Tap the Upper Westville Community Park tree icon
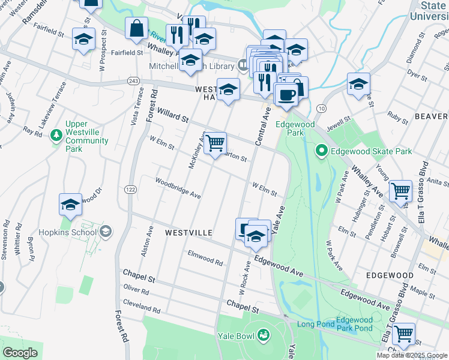56,134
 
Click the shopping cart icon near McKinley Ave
215,143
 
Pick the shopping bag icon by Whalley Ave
136,28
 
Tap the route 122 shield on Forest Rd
130,190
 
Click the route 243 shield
133,81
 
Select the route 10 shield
322,108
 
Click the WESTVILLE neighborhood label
188,232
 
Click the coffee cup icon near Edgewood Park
286,94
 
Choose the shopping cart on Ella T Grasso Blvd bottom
403,333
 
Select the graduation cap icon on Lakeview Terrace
84,40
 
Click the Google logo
20,352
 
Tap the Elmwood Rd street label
205,258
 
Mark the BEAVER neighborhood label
431,115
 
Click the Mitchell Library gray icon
243,64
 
